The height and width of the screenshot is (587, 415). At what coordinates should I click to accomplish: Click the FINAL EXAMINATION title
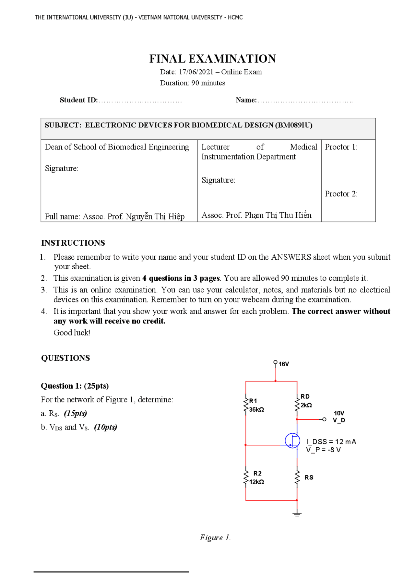(x=212, y=59)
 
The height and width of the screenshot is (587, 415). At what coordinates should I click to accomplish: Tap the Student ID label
(x=78, y=100)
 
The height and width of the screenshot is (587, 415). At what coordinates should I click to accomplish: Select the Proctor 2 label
(x=341, y=194)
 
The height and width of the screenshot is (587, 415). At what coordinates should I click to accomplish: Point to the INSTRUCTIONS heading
(x=73, y=243)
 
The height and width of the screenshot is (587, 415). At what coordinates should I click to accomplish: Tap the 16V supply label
(x=284, y=364)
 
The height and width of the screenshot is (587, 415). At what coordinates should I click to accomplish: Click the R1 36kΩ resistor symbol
(x=246, y=405)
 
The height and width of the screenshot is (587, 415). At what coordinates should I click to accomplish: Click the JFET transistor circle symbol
(x=292, y=440)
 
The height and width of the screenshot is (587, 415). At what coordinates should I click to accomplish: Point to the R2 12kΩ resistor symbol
(x=246, y=477)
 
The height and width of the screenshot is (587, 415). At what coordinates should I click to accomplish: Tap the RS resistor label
(x=309, y=477)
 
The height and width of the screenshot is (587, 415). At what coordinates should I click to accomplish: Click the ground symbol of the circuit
(x=297, y=514)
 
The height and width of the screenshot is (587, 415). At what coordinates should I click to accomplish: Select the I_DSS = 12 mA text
(x=331, y=442)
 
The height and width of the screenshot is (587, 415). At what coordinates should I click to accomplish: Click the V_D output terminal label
(x=339, y=420)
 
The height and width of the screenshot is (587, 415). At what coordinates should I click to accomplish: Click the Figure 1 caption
(x=215, y=538)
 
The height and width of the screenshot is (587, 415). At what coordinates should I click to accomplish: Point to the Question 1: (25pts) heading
(x=75, y=386)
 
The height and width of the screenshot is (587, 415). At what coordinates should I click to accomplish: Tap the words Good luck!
(x=72, y=333)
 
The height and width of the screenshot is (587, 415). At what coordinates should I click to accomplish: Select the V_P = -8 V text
(x=323, y=450)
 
